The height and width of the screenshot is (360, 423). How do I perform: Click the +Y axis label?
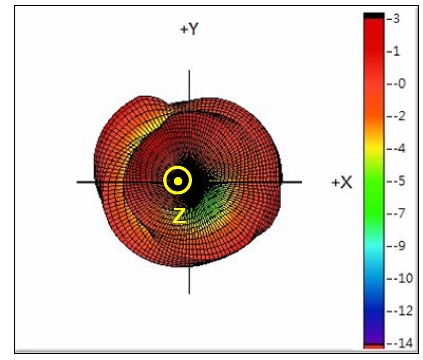[189, 29]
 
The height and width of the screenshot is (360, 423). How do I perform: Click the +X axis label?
[342, 183]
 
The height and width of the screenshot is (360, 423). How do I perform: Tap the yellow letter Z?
[179, 216]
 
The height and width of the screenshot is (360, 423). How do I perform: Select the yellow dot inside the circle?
[177, 180]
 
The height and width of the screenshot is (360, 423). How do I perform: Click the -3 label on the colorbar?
[393, 19]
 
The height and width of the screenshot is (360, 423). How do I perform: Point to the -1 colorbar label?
[393, 51]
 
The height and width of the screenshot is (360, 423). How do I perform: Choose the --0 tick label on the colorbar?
[396, 84]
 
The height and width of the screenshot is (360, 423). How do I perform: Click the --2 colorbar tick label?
[396, 116]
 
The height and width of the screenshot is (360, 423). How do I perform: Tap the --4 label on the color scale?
[396, 148]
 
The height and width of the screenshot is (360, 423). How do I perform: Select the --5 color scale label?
[396, 180]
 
